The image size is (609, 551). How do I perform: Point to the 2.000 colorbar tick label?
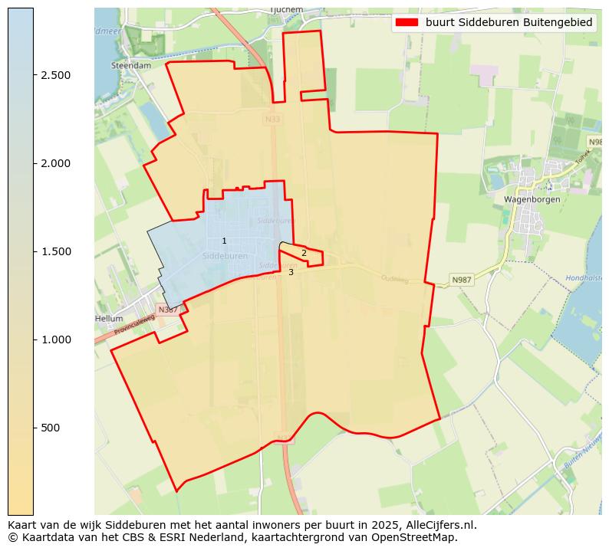point(56,163)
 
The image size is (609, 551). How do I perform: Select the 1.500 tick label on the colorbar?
point(56,251)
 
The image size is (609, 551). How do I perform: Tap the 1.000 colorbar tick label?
point(56,339)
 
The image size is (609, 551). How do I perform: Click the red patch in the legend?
point(407,23)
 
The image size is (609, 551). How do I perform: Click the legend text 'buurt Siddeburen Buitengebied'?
point(509,23)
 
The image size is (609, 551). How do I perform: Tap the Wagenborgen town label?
point(532,199)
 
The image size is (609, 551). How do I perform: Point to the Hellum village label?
point(109,318)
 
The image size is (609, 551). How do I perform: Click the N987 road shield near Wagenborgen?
point(462,280)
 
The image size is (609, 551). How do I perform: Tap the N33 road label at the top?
point(272,120)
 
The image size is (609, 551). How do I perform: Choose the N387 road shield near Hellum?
point(166,310)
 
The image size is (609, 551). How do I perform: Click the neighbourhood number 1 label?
point(224,241)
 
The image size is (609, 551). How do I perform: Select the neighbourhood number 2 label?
point(304,253)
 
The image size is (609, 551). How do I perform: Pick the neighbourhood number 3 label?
point(291,272)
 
